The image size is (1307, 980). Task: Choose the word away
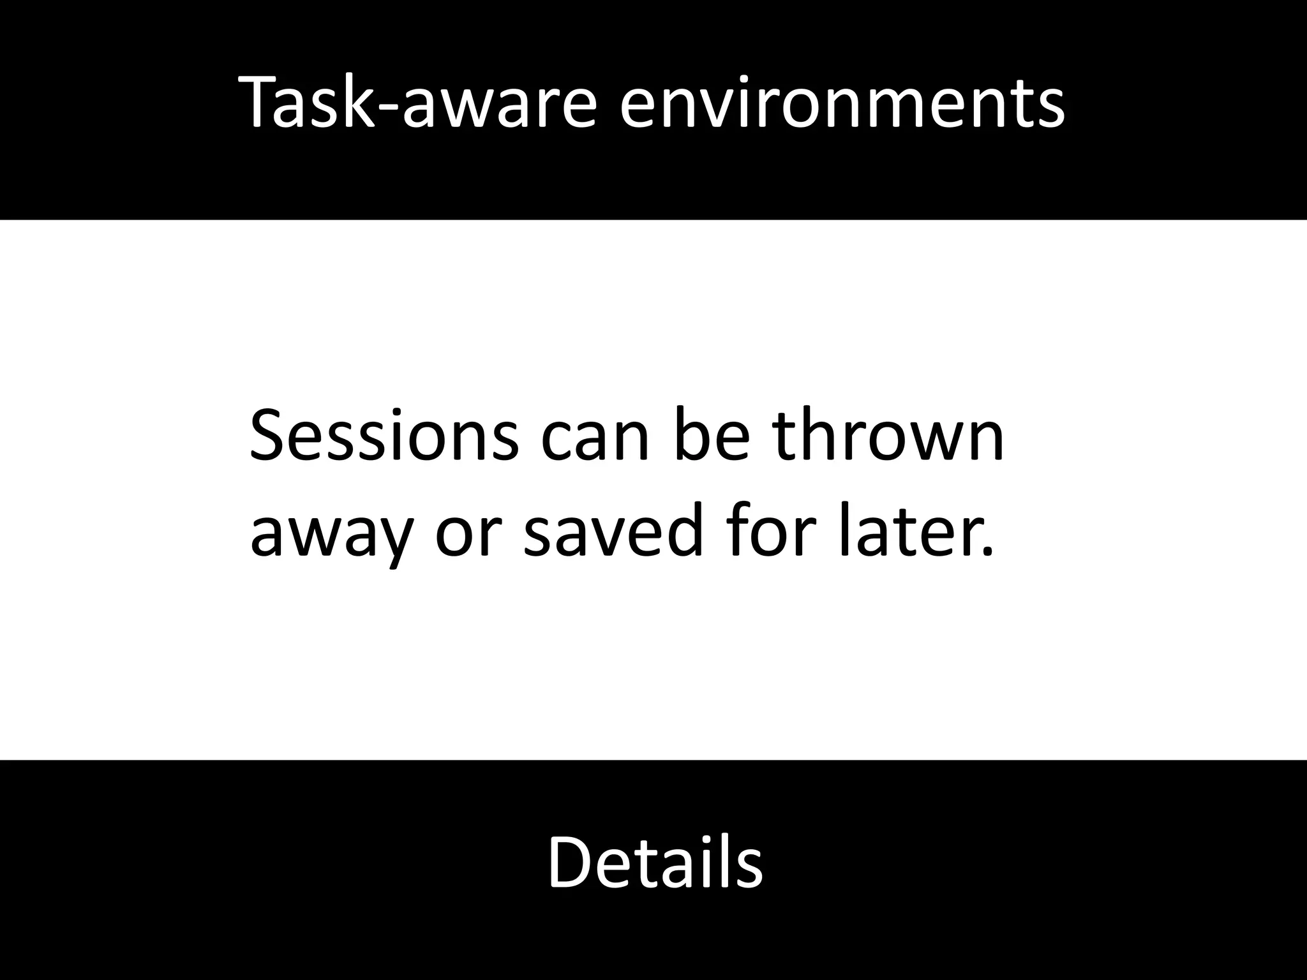(x=329, y=533)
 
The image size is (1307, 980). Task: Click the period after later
(x=988, y=553)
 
